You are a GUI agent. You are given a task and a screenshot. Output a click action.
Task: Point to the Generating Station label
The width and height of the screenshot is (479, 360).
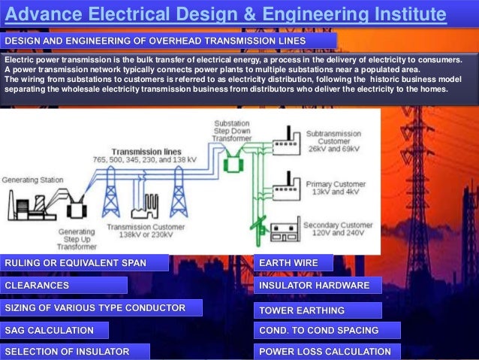[x=32, y=180]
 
